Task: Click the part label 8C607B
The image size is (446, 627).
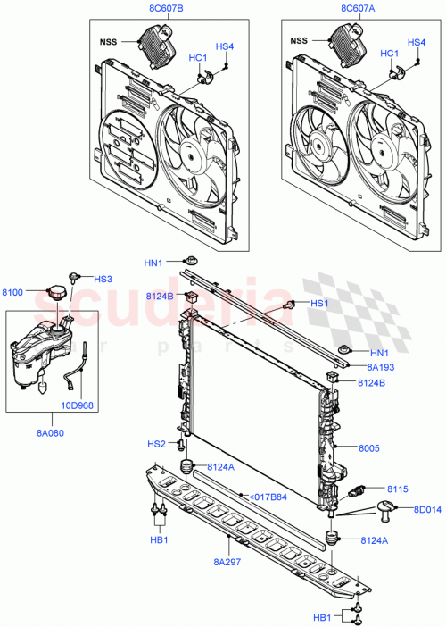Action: [161, 10]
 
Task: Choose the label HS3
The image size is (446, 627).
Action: [103, 279]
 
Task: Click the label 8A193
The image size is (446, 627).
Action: [379, 366]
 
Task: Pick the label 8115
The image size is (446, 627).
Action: [398, 489]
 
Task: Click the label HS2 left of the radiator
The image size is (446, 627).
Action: [156, 444]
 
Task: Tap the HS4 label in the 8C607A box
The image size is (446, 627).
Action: [416, 42]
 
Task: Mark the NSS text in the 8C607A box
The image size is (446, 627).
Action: [299, 40]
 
